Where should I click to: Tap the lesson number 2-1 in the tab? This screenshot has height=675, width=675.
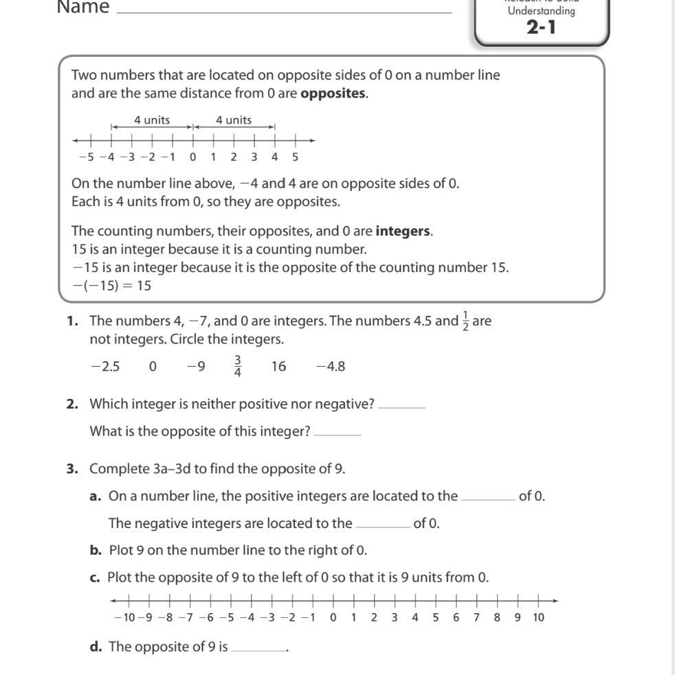pyautogui.click(x=541, y=28)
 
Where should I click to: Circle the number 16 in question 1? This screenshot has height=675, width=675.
pyautogui.click(x=278, y=367)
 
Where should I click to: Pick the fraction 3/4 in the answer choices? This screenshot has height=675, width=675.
pyautogui.click(x=238, y=367)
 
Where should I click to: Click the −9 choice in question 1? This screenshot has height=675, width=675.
pyautogui.click(x=196, y=367)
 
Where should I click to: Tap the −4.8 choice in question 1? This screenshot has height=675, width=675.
pyautogui.click(x=331, y=367)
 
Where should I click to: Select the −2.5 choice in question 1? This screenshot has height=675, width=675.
pyautogui.click(x=105, y=367)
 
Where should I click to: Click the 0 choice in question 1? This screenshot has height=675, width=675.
pyautogui.click(x=153, y=367)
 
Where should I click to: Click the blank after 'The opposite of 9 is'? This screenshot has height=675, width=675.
pyautogui.click(x=258, y=649)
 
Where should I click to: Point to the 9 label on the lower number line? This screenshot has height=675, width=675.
pyautogui.click(x=518, y=617)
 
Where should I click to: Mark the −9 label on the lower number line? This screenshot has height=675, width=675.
pyautogui.click(x=146, y=617)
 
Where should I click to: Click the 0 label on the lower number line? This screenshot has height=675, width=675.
pyautogui.click(x=333, y=617)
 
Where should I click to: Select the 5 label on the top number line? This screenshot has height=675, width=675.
pyautogui.click(x=295, y=157)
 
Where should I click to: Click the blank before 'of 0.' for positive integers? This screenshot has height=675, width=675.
pyautogui.click(x=488, y=499)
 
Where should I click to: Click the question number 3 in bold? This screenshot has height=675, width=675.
pyautogui.click(x=71, y=469)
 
